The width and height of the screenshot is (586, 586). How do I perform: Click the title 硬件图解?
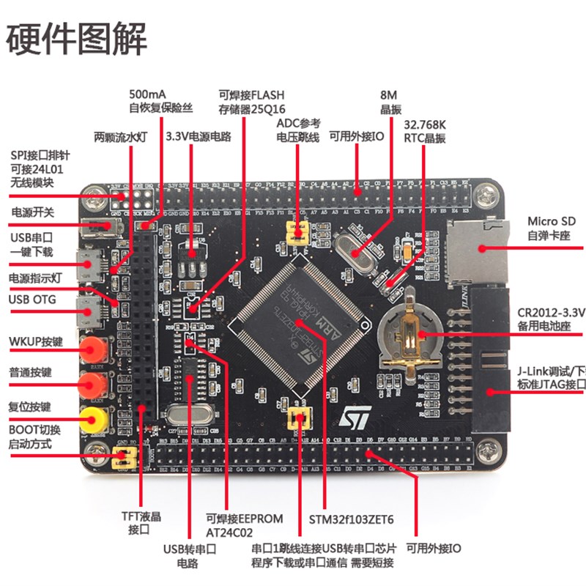77,38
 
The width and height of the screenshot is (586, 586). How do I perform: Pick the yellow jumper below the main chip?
297,420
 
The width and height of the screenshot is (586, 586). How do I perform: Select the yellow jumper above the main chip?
297,231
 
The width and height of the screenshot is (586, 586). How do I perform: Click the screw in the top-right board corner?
489,195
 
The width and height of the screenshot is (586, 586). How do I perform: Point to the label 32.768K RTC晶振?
424,131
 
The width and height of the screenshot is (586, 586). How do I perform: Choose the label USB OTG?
32,300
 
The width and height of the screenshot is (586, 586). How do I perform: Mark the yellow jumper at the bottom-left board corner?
125,459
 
